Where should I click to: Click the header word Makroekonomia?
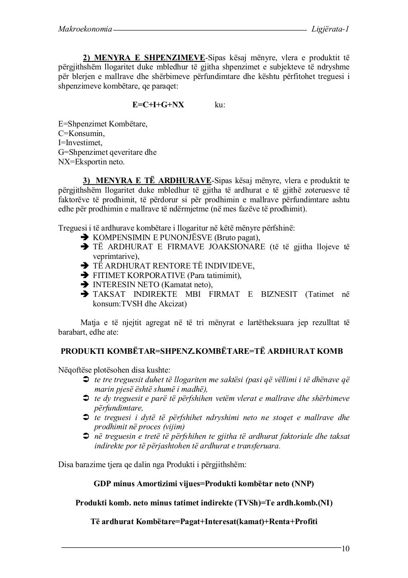[85, 29]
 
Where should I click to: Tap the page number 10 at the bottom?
[345, 549]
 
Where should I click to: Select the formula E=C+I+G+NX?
[158, 105]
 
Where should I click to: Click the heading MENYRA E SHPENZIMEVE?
[148, 57]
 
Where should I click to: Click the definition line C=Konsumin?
[81, 133]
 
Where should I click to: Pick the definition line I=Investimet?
[80, 142]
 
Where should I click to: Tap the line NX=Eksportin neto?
[91, 162]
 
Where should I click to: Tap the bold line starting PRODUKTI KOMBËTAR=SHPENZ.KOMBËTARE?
[202, 351]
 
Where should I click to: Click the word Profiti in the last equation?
[306, 521]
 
